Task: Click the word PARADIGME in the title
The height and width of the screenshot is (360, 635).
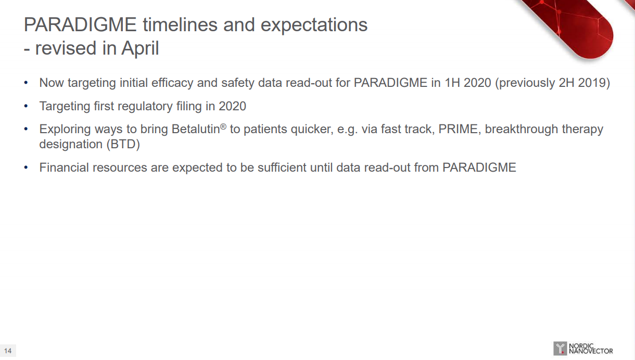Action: (x=80, y=24)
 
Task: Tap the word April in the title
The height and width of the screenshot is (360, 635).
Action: (x=140, y=48)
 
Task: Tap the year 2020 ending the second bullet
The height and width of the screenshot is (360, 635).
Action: (x=232, y=106)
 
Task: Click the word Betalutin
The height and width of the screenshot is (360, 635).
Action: (x=196, y=129)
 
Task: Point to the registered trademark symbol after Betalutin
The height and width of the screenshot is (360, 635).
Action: (x=223, y=126)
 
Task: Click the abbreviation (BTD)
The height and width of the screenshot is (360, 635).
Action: (x=123, y=145)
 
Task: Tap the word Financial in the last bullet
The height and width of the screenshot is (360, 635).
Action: (x=64, y=168)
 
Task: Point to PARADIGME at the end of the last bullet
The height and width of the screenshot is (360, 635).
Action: (x=479, y=168)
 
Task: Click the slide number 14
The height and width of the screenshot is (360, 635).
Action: (x=8, y=351)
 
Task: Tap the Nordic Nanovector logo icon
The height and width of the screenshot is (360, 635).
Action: (x=560, y=349)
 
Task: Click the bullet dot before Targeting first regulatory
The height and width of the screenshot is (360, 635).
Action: (x=26, y=106)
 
